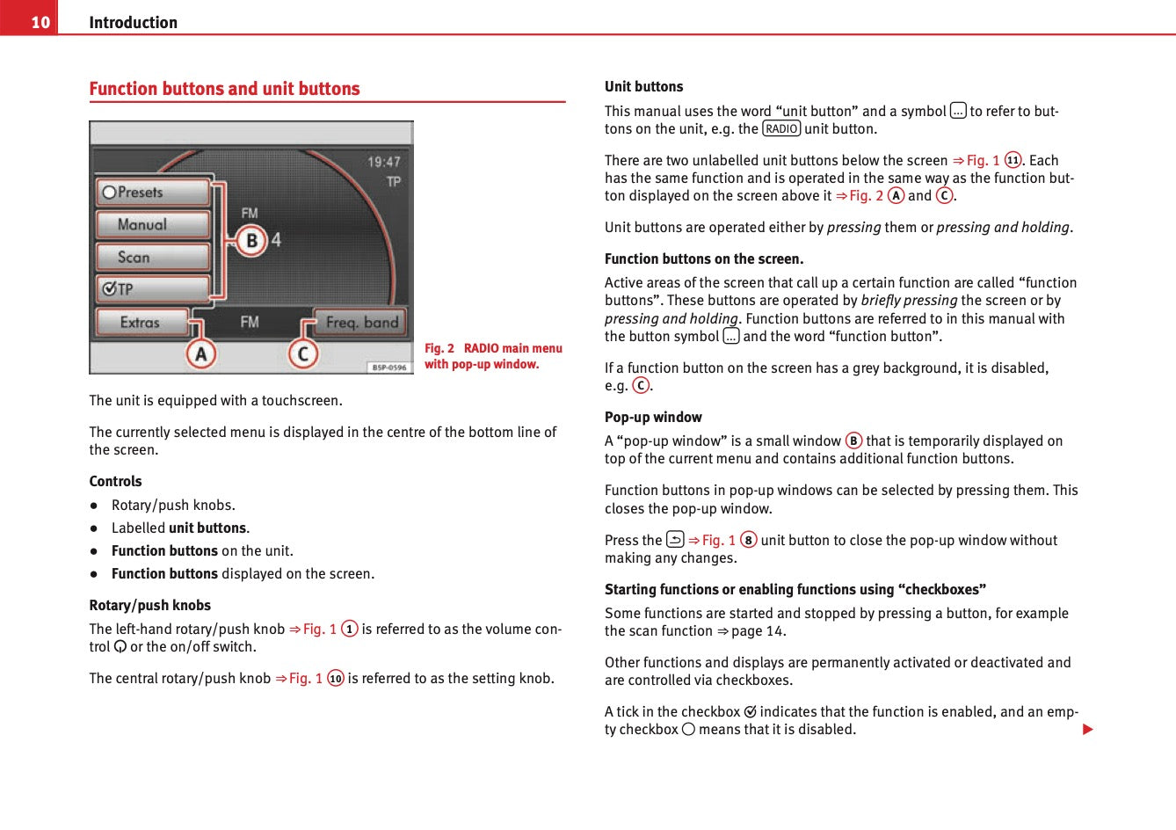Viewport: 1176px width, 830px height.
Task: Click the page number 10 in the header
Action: coord(40,22)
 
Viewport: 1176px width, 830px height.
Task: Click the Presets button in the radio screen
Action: coord(152,192)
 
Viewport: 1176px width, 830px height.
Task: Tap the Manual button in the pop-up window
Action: coord(152,224)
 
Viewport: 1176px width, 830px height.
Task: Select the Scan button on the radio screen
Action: coord(152,257)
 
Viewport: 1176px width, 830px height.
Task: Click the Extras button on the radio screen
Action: coord(142,322)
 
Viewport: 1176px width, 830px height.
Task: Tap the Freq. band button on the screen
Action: coord(361,322)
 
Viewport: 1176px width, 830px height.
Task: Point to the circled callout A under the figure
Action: coord(201,354)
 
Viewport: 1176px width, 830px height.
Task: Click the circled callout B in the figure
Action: coord(251,240)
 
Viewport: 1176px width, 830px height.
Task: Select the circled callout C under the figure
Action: coord(303,354)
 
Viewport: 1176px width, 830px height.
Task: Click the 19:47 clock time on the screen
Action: coord(384,162)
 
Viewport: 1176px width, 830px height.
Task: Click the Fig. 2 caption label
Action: coord(439,348)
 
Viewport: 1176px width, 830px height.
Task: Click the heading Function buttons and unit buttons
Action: coord(224,89)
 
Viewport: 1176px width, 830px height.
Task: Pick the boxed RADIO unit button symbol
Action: coord(781,129)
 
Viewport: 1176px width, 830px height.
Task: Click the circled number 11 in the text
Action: coord(1013,160)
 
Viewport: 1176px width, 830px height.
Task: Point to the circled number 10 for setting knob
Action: coord(336,678)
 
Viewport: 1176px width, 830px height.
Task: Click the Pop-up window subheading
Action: coord(653,417)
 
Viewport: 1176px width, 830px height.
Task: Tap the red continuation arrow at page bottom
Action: coord(1087,729)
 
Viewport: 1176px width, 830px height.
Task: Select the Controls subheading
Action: coord(115,481)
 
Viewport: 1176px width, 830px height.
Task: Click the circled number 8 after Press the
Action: coord(748,540)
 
